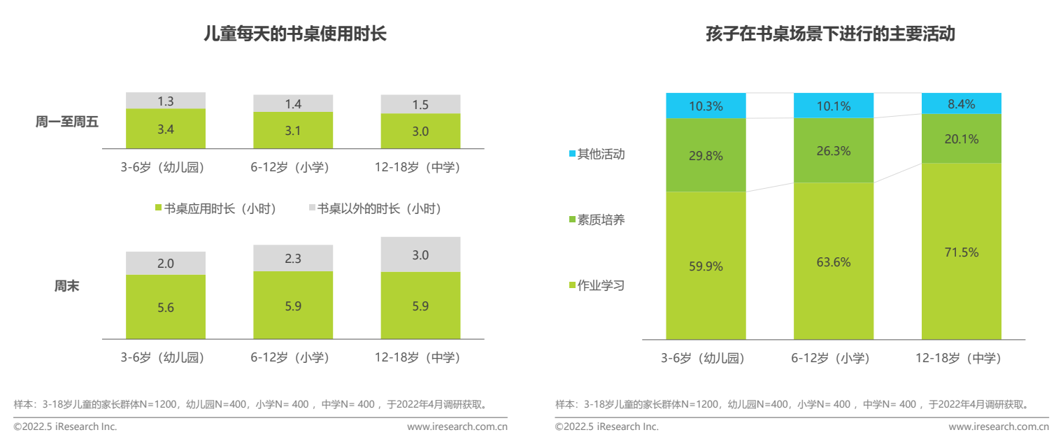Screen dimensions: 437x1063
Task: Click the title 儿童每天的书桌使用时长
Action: click(x=294, y=34)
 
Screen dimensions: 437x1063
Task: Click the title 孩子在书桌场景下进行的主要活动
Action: click(x=831, y=34)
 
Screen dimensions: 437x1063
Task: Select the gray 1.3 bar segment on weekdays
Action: click(x=166, y=101)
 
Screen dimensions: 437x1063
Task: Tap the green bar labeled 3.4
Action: click(x=166, y=129)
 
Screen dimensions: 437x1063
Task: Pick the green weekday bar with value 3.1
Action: click(x=293, y=130)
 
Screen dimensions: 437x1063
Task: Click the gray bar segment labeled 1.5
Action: click(x=420, y=104)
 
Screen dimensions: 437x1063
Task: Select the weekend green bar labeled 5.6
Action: click(x=166, y=307)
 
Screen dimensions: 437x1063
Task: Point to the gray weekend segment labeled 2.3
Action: click(x=293, y=258)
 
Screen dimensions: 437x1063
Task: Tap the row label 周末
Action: click(x=67, y=287)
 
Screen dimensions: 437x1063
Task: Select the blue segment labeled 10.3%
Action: click(x=706, y=106)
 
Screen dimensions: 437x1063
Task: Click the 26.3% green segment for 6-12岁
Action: click(x=833, y=150)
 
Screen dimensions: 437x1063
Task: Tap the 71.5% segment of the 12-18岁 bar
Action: click(x=962, y=252)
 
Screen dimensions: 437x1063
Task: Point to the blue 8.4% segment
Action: click(x=962, y=103)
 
